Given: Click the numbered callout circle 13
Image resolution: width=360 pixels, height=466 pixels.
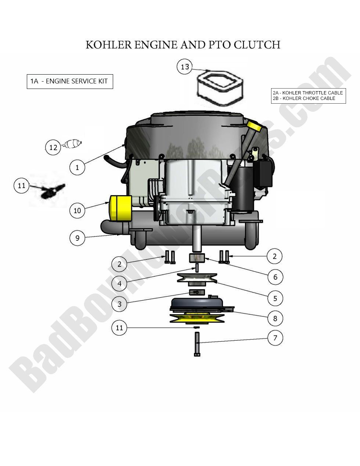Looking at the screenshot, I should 185,67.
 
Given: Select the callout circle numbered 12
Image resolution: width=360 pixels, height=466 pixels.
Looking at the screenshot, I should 53,147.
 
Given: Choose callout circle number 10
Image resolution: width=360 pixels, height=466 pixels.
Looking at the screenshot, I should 77,211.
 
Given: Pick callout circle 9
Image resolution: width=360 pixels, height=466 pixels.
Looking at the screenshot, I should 77,238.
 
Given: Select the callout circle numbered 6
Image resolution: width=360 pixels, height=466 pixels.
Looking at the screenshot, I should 275,277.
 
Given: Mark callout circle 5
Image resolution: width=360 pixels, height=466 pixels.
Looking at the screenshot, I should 275,298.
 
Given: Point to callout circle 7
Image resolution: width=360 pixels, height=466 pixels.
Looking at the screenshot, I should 275,337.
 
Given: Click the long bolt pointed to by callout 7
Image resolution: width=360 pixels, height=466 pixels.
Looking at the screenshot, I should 197,344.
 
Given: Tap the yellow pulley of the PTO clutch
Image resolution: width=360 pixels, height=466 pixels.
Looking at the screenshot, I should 197,318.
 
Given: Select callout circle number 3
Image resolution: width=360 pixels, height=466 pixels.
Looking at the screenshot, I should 119,304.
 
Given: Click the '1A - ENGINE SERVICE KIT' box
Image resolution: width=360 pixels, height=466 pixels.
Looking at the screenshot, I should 70,81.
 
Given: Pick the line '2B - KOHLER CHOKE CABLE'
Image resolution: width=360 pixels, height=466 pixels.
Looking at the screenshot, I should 304,98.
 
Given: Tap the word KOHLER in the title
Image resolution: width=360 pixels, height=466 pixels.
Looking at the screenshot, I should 108,44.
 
